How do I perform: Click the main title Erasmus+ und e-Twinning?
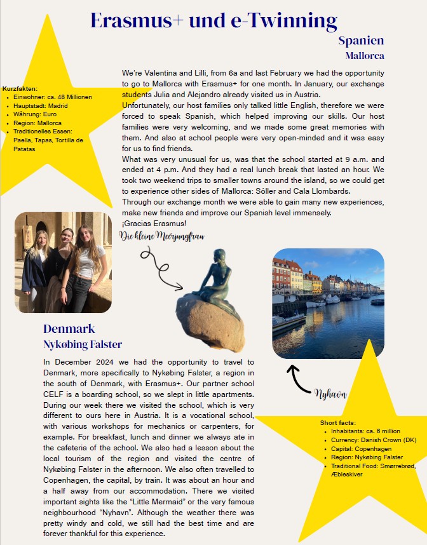(x=213, y=20)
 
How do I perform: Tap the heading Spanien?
(x=361, y=41)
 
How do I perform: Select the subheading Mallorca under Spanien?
(x=365, y=56)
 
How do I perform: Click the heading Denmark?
(x=69, y=329)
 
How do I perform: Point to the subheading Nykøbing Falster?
(x=83, y=345)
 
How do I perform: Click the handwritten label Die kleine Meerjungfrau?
(x=162, y=236)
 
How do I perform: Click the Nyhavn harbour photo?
(x=328, y=304)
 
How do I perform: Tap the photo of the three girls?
(x=63, y=262)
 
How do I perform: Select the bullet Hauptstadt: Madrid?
(x=41, y=105)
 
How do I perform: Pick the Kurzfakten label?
(x=20, y=88)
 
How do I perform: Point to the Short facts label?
(x=338, y=422)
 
